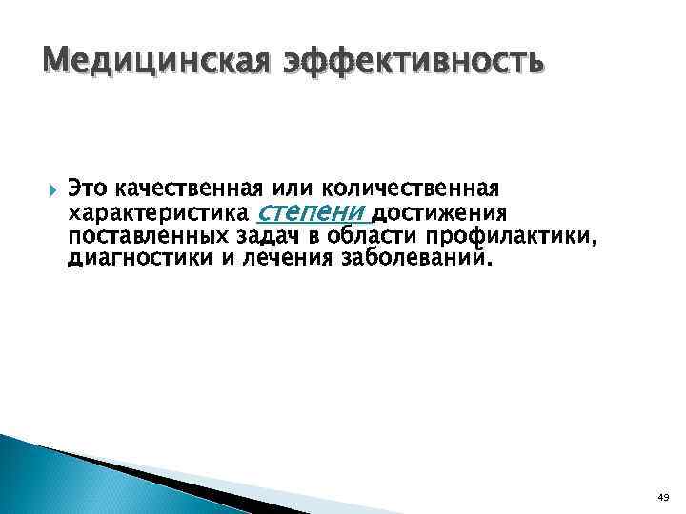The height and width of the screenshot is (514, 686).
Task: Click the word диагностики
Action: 140,260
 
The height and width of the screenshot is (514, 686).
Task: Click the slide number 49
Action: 663,497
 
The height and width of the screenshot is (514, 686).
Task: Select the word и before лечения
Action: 226,260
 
